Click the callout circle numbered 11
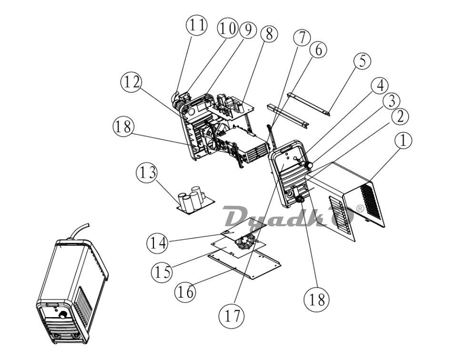click(197, 25)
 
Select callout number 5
click(362, 60)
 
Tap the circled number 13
click(147, 173)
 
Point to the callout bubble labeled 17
click(231, 316)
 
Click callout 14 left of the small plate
click(158, 243)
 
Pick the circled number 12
click(131, 82)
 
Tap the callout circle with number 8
click(268, 33)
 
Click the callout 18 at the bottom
click(316, 299)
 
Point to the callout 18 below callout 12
click(123, 127)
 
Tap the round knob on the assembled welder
click(63, 315)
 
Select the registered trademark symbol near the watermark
click(360, 208)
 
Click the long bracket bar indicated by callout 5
click(309, 104)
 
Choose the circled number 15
click(162, 272)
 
